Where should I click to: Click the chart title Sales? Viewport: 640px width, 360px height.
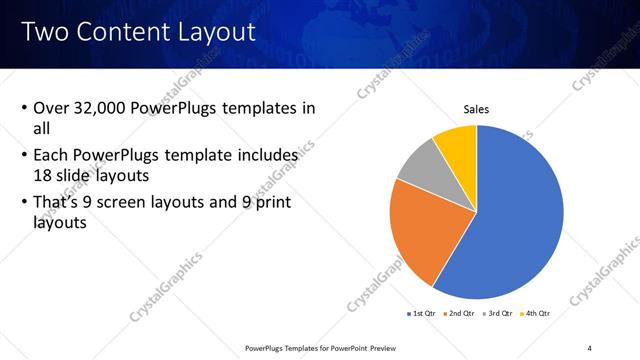coord(476,109)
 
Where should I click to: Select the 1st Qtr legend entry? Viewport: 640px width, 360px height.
coord(423,314)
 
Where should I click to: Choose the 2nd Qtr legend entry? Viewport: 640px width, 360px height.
coord(460,314)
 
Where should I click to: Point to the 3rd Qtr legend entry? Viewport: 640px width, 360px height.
coord(497,314)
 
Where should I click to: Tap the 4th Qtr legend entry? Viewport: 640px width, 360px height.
coord(534,314)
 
